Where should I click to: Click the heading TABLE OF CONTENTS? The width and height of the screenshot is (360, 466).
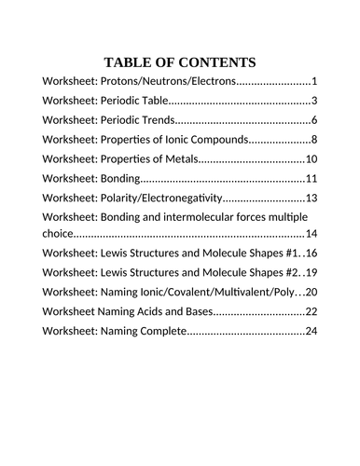coord(180,62)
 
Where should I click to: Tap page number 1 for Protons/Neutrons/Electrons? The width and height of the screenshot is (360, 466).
coord(315,81)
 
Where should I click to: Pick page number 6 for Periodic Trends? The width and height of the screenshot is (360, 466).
coord(315,120)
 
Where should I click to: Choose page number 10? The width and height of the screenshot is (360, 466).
coord(312,159)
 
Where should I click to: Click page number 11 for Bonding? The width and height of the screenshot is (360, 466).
coord(312,179)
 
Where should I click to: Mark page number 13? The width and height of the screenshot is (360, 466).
coord(312,199)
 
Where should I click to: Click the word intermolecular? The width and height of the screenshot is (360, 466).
coord(202,217)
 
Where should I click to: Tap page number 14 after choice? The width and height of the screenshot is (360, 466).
coord(312,233)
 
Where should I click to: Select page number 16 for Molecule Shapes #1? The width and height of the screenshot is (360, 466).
coord(312,253)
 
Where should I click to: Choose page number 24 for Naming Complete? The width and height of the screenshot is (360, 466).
coord(312,331)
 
